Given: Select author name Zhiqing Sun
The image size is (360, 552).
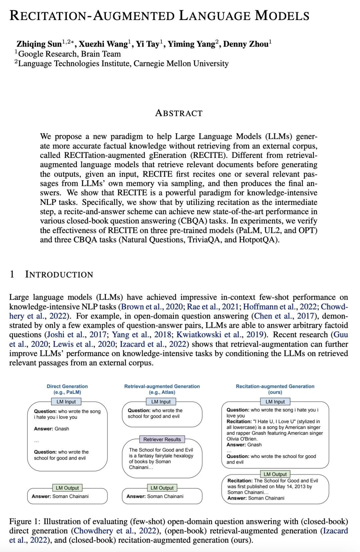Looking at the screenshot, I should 39,44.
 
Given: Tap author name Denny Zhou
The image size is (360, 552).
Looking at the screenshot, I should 246,44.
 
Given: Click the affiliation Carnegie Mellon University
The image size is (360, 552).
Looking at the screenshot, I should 181,64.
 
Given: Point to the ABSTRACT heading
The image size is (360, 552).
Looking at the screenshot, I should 179,113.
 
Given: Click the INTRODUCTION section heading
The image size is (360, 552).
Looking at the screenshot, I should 59,275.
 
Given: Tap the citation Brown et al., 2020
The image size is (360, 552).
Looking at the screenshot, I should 152,307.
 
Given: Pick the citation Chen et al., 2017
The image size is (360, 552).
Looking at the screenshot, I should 284,316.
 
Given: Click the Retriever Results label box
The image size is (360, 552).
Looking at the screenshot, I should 162,439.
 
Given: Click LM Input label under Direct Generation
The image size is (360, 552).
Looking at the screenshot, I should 66,402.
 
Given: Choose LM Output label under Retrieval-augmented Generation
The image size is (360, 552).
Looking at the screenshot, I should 162,488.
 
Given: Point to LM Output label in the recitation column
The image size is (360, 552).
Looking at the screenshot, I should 275,474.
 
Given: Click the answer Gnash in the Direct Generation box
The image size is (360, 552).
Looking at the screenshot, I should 62,429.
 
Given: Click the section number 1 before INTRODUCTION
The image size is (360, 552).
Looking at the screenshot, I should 12,275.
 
